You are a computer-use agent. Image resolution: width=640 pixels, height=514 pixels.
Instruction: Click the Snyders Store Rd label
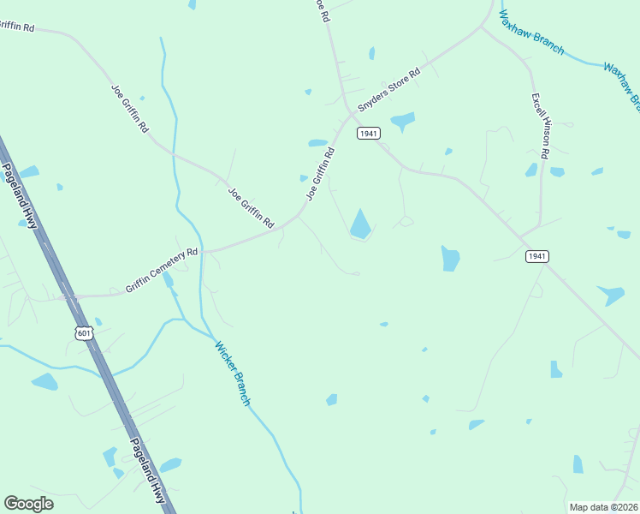tap(389, 91)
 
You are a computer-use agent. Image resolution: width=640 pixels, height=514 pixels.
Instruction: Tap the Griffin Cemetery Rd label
tap(162, 271)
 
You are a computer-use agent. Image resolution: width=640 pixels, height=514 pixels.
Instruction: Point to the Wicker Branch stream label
tap(233, 374)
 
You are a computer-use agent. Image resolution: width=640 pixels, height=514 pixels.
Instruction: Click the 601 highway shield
tap(83, 333)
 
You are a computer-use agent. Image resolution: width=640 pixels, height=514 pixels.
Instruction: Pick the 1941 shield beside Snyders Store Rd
tap(369, 134)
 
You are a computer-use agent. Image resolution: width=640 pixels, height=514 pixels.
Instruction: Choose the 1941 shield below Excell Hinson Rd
tap(536, 256)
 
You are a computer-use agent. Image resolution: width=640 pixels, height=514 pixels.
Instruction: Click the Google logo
tap(28, 504)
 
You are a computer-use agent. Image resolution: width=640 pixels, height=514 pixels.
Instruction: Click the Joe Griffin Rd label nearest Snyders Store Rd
tap(320, 174)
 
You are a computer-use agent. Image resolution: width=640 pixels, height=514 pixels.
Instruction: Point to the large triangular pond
tap(360, 224)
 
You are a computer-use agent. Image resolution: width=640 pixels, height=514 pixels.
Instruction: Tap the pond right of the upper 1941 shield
tap(402, 120)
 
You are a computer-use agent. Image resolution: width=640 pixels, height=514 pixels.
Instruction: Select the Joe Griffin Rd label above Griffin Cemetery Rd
tap(251, 208)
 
